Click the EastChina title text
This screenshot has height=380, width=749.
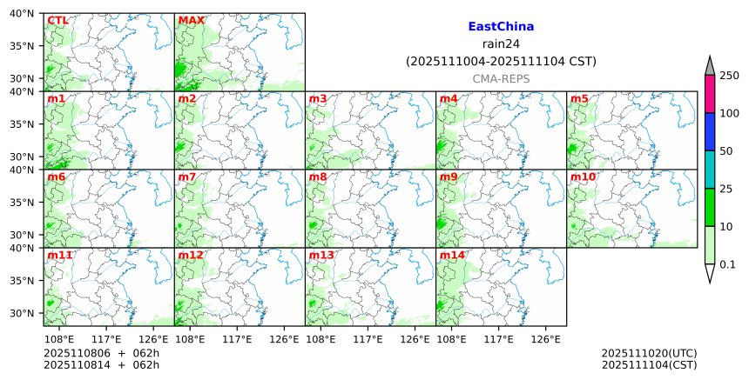click(501, 27)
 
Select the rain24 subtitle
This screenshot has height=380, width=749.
click(501, 44)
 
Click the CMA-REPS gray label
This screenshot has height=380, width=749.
click(501, 79)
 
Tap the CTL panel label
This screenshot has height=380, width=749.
click(57, 20)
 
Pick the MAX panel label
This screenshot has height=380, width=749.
click(191, 20)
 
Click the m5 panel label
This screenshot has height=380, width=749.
click(579, 98)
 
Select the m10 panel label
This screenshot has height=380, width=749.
click(583, 177)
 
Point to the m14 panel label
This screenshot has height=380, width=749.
click(452, 255)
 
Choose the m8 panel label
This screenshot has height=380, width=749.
click(318, 177)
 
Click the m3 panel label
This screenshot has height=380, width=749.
click(318, 98)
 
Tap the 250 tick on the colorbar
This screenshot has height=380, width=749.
click(729, 76)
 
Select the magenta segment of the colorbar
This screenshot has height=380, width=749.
click(709, 94)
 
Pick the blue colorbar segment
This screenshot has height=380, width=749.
click(709, 131)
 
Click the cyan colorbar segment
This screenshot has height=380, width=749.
click(709, 169)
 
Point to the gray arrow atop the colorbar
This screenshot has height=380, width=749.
click(709, 66)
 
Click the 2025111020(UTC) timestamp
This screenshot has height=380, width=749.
click(649, 353)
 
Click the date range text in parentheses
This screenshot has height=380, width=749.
click(501, 62)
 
